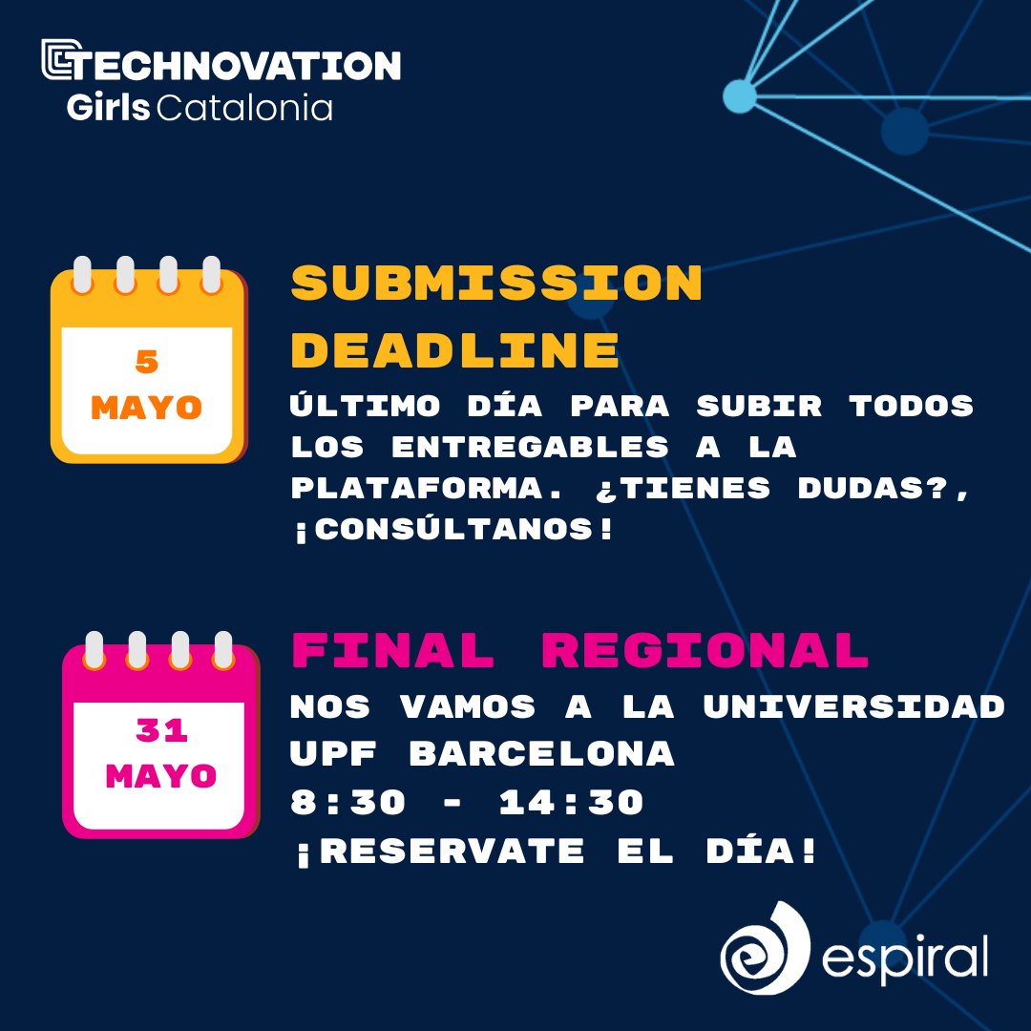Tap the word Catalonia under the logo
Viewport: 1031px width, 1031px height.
point(243,108)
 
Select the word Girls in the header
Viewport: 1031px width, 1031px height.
point(108,108)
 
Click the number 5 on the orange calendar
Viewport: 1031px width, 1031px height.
point(147,362)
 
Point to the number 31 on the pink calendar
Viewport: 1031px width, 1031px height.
point(160,730)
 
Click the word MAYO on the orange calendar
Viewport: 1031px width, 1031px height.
point(147,409)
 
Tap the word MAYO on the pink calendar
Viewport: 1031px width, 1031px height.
point(160,776)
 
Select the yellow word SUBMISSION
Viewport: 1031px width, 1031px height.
point(496,284)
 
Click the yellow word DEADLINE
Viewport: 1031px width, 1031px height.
point(455,350)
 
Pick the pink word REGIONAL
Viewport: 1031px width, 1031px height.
point(705,651)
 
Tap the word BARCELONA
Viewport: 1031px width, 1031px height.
point(541,754)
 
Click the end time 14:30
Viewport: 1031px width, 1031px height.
point(571,803)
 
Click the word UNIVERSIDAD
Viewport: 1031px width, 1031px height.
point(853,707)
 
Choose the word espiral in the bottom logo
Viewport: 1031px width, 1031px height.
point(903,957)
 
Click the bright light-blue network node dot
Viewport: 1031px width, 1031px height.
point(738,95)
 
